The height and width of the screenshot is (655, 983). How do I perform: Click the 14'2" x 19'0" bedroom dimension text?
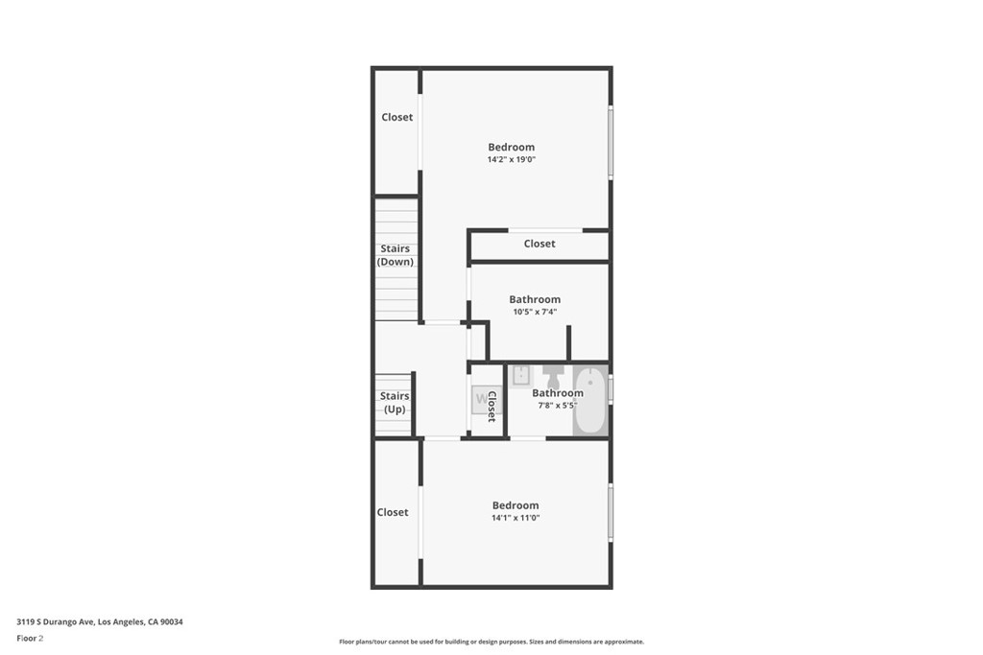511,160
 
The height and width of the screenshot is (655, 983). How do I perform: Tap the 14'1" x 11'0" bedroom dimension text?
515,518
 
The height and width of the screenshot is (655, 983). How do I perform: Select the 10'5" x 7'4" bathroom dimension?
535,312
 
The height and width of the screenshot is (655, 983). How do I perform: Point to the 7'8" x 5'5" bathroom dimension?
558,405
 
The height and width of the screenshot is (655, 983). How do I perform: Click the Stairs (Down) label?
395,255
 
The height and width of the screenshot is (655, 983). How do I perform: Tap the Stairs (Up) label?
395,403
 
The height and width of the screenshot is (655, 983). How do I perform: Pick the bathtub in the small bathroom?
590,401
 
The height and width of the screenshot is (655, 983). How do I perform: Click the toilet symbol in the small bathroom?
554,376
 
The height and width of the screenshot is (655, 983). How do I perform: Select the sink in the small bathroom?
521,376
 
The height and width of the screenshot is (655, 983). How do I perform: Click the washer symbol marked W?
484,400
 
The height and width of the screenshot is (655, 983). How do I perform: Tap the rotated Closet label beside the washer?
491,407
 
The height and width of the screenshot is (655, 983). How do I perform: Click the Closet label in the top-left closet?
396,117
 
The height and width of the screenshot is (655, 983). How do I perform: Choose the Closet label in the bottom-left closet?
393,512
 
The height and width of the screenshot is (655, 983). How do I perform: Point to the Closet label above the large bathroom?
539,244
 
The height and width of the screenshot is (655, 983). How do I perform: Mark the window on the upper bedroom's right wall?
611,143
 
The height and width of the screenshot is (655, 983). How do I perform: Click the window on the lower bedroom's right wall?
611,513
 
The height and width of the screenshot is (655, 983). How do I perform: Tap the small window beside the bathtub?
611,388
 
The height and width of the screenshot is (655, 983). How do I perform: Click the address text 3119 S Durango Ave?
56,621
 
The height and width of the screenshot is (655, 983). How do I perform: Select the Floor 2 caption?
30,639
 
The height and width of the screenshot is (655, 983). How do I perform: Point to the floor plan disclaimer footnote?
491,642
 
